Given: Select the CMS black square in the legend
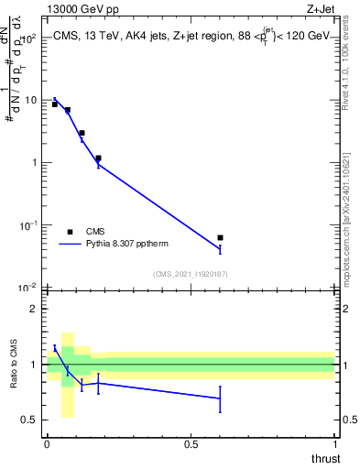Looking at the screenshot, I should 70,232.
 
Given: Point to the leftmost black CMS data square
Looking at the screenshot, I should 55,104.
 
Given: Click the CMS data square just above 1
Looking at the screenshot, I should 98,158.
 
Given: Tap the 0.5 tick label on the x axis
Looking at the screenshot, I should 191,443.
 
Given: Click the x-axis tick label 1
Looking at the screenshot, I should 334,443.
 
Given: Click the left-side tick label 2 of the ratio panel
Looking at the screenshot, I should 34,309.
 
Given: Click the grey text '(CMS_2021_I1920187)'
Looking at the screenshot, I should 190,273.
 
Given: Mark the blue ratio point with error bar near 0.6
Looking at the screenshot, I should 220,398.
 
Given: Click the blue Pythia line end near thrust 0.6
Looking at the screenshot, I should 220,249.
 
